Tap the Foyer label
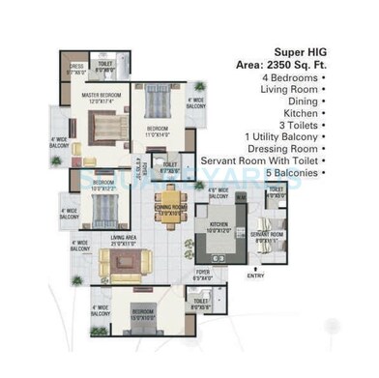pyautogui.click(x=202, y=275)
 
